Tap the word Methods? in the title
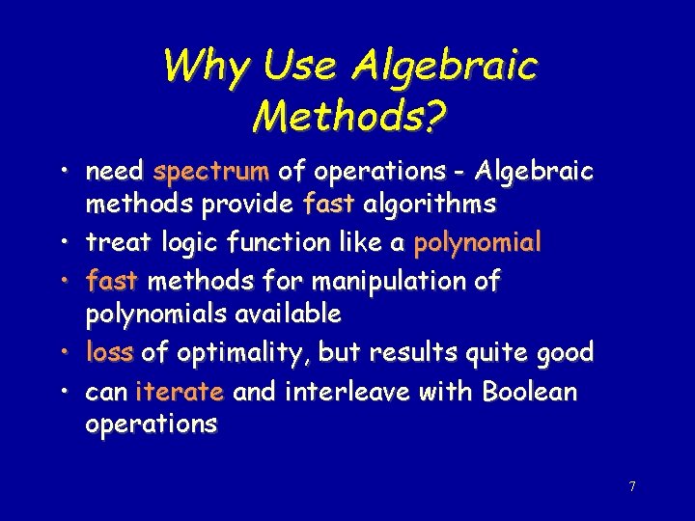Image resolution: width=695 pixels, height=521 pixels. click(348, 117)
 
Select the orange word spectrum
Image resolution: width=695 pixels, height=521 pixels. click(210, 173)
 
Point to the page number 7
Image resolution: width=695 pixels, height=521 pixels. click(632, 486)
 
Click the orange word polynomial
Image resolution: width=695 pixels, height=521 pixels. click(477, 243)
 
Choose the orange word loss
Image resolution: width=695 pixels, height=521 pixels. click(109, 352)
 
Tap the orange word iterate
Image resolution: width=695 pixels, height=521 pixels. click(180, 392)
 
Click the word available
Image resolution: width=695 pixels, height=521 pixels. click(290, 314)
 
